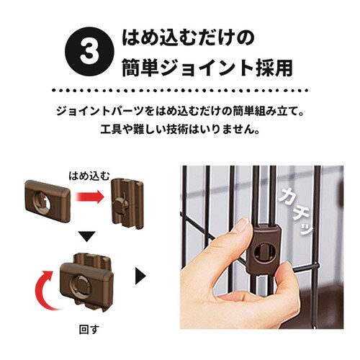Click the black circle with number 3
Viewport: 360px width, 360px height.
point(89,53)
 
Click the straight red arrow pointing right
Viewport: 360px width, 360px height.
point(90,197)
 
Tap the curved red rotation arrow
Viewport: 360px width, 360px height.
point(45,289)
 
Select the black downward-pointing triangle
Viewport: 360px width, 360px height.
point(87,236)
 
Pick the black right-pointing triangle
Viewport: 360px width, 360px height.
point(140,276)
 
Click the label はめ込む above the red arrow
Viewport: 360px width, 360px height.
point(89,176)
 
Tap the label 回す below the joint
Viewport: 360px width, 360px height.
point(89,330)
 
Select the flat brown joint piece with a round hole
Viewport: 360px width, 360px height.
point(48,201)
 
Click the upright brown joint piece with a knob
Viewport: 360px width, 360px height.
point(127,203)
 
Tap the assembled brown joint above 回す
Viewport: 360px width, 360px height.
point(86,282)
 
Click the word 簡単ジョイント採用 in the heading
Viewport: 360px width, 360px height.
point(207,68)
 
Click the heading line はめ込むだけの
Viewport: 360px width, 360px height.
point(188,38)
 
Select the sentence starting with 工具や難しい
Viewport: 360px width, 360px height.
point(180,130)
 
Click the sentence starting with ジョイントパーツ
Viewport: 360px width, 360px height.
point(180,112)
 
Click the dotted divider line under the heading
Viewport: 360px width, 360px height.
point(180,91)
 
